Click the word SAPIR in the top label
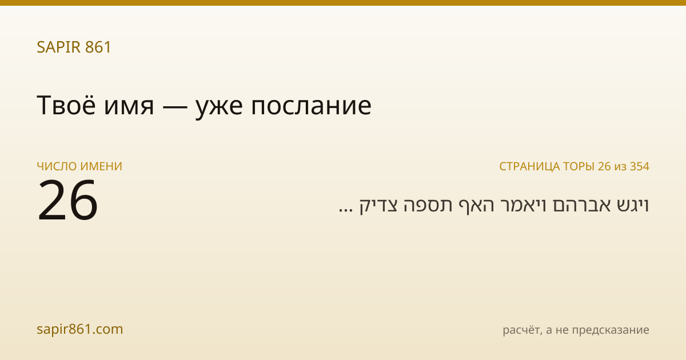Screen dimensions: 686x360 tap(58, 47)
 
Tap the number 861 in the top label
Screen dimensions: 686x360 tap(98, 47)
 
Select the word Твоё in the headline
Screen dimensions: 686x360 tap(66, 105)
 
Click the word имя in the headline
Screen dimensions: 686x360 tap(129, 107)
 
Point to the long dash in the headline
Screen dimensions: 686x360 tap(174, 107)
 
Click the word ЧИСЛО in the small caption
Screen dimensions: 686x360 tap(57, 166)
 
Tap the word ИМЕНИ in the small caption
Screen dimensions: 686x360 tap(101, 166)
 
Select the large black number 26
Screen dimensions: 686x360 tap(67, 200)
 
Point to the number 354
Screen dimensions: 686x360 tap(640, 166)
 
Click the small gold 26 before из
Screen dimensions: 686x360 tap(604, 166)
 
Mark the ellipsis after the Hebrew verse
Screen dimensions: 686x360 tap(345, 210)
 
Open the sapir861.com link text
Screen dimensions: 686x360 tap(79, 329)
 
